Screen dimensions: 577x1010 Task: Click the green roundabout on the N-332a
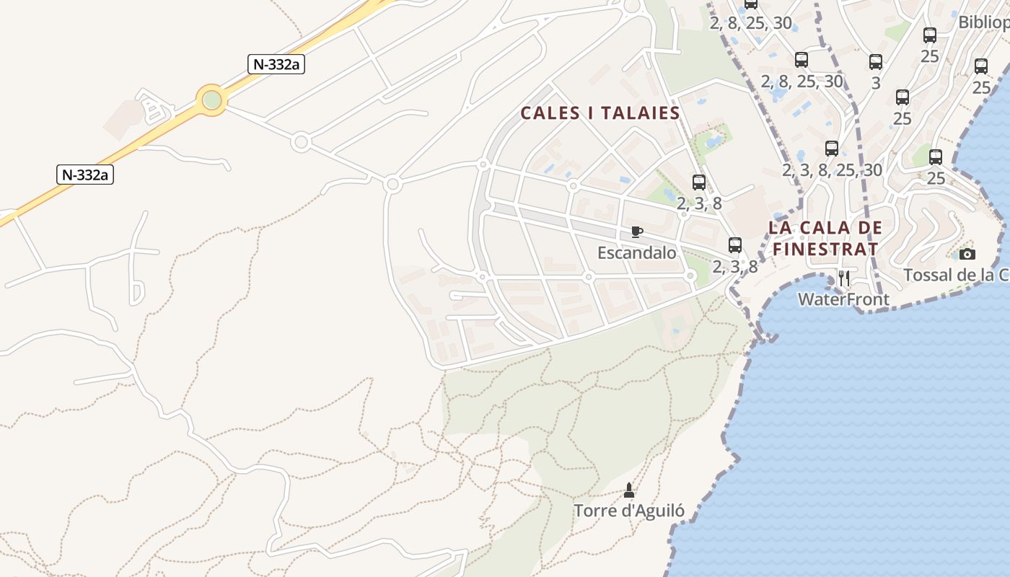[x=211, y=100]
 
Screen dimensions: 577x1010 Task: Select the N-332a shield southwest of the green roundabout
[x=86, y=174]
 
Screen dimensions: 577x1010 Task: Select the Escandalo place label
[x=637, y=252]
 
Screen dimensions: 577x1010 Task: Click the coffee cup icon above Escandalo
[x=636, y=232]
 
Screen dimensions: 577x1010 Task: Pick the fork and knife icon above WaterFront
[x=844, y=278]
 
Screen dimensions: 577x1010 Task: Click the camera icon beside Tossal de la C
[x=967, y=254]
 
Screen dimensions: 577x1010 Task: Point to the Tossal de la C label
[x=957, y=275]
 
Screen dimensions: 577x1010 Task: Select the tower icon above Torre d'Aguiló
[x=629, y=490]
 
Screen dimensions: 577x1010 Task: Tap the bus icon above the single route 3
[x=876, y=62]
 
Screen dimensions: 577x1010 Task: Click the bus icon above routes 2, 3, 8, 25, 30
[x=832, y=149]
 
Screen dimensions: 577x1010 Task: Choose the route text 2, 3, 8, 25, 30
[x=832, y=169]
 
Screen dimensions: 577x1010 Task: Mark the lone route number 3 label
[x=876, y=82]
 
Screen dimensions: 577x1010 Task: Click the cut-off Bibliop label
[x=983, y=22]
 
